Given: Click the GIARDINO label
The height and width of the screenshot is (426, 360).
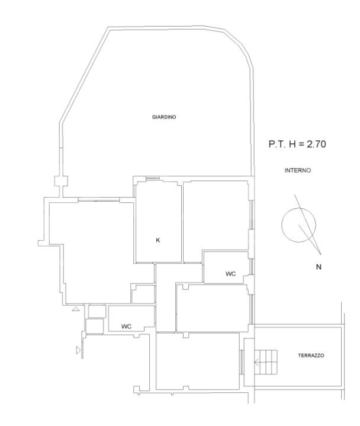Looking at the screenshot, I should [x=164, y=117].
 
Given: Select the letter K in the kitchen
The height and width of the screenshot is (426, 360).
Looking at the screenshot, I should [x=157, y=240].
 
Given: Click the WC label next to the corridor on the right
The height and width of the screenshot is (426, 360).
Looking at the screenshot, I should [x=231, y=273].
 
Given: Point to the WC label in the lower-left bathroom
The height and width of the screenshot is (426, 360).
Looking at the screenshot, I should [x=126, y=326].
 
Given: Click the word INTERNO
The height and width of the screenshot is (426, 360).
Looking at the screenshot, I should [x=297, y=170].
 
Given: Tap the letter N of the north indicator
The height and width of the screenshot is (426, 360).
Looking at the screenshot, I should [x=319, y=267].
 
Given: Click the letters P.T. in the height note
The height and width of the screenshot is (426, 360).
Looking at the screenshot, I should [x=277, y=144].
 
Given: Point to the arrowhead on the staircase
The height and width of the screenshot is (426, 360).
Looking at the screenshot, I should [x=257, y=362].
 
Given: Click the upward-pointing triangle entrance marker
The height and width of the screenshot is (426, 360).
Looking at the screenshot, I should [x=75, y=309].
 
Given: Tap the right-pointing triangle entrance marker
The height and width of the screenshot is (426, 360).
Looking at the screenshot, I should [x=78, y=350].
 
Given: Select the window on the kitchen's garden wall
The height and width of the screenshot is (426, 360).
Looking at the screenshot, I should [x=152, y=178].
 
